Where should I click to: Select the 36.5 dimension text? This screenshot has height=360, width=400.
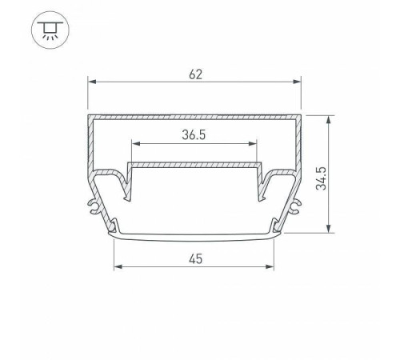pos(194,135)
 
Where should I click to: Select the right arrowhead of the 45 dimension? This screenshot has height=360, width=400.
pos(272,266)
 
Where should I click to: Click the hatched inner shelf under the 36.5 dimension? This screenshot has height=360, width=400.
pos(195,165)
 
